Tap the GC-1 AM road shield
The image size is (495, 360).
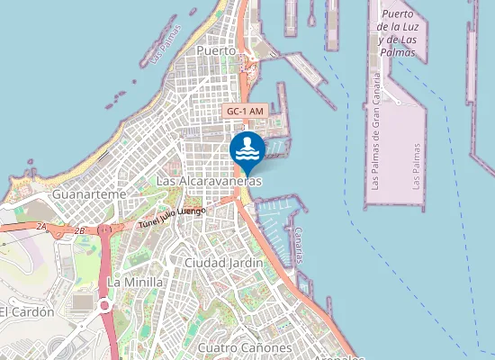point(245,111)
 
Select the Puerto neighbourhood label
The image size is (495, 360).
point(215,51)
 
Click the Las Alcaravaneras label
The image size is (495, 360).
point(209,181)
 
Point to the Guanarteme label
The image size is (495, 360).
point(89,194)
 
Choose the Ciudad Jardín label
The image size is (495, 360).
point(223,262)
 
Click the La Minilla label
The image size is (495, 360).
point(135,282)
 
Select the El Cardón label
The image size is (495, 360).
point(27,311)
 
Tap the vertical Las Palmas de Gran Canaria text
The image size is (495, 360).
point(377,135)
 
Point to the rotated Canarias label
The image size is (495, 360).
point(299,244)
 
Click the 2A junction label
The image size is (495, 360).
point(41,226)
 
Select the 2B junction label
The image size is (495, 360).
point(80,230)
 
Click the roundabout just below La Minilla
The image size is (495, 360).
point(104,306)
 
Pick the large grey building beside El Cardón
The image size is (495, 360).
point(82,303)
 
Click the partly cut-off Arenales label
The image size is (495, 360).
point(338,356)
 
